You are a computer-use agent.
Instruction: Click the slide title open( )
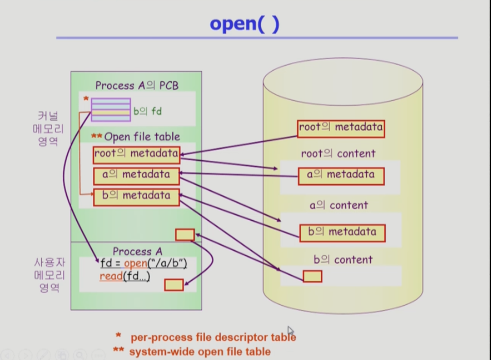[x=244, y=24]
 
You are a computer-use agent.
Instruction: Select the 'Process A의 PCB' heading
[x=137, y=86]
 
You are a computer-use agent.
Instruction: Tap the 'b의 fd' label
[x=148, y=111]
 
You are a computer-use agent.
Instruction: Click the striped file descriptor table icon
[x=111, y=109]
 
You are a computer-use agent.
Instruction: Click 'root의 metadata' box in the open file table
[x=137, y=155]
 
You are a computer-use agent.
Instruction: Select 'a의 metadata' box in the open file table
[x=137, y=176]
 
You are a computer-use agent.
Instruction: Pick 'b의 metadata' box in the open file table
[x=137, y=197]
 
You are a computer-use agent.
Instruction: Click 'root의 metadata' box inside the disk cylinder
[x=341, y=128]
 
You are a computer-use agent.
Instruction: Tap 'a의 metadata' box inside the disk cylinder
[x=341, y=176]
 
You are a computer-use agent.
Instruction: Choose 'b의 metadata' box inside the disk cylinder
[x=342, y=233]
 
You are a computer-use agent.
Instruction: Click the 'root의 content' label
[x=338, y=153]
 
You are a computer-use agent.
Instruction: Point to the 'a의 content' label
[x=339, y=205]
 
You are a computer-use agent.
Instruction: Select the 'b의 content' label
[x=343, y=259]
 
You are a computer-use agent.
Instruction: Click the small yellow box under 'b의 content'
[x=313, y=276]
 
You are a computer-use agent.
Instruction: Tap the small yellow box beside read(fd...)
[x=174, y=285]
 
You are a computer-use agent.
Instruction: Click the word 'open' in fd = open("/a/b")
[x=136, y=263]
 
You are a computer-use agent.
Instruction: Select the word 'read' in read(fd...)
[x=111, y=276]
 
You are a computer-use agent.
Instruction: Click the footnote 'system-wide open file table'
[x=200, y=352]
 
